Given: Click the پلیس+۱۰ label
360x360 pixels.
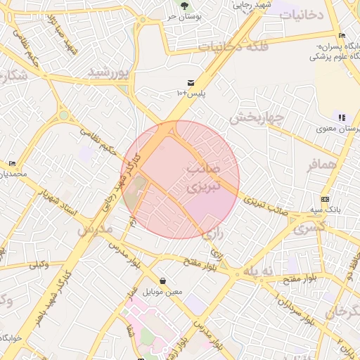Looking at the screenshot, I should point(191,94).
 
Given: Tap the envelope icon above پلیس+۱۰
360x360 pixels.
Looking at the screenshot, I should point(191,82).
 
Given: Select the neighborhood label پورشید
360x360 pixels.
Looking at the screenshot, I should point(109,72).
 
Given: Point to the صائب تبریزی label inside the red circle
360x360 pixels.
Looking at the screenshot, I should point(205,179).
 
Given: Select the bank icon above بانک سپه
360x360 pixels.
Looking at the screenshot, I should point(325,199).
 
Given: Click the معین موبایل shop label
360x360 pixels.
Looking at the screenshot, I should point(162,291).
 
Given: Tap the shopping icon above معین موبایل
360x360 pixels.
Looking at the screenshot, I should point(162,281).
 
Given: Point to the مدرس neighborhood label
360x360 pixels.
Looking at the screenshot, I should point(95,229).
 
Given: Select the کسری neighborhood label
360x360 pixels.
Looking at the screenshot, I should point(309,229).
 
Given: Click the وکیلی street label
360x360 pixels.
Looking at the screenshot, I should point(38,265).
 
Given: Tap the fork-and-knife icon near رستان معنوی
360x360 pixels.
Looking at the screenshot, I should point(342,117).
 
